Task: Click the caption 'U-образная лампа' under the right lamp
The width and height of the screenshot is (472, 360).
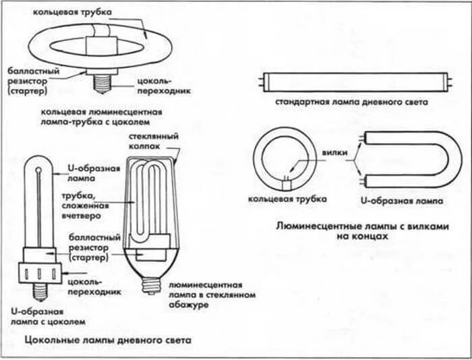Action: [403, 200]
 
